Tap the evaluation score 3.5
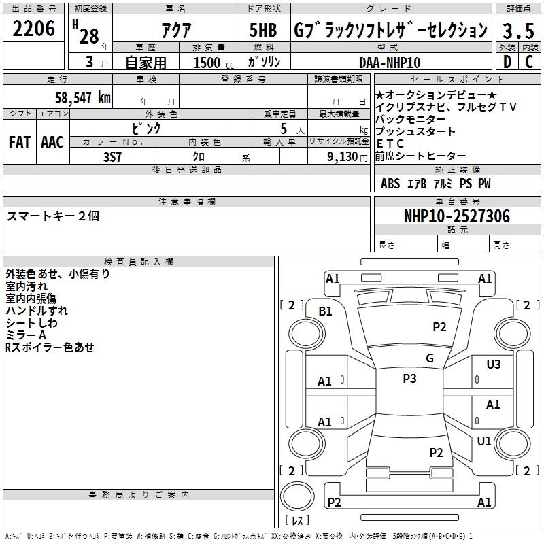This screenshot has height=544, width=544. (x=517, y=31)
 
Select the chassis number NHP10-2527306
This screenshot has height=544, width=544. (x=456, y=216)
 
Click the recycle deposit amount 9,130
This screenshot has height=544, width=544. (x=345, y=157)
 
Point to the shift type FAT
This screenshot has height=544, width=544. (x=19, y=141)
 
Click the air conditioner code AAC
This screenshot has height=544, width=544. (x=52, y=141)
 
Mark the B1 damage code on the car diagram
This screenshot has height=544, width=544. (x=326, y=311)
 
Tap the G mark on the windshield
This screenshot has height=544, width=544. (x=429, y=358)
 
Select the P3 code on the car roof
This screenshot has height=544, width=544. (x=409, y=379)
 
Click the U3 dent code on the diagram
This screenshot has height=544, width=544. (x=493, y=364)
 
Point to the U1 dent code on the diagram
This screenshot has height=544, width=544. (x=483, y=441)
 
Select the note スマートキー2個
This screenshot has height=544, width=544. (x=53, y=216)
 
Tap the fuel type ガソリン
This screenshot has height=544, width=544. (x=265, y=62)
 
